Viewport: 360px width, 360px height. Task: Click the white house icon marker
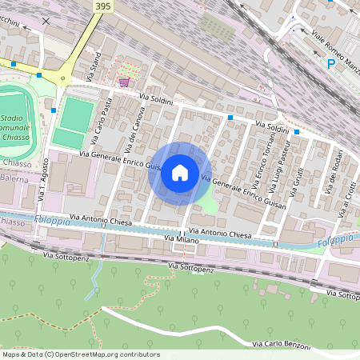[180, 173]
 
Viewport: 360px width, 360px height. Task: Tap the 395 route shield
[102, 6]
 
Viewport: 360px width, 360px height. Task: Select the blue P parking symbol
[331, 63]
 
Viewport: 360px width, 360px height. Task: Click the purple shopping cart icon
[124, 81]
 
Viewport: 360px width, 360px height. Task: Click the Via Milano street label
[181, 239]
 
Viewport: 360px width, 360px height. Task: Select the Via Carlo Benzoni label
[281, 342]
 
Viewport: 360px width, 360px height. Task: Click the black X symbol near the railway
[46, 22]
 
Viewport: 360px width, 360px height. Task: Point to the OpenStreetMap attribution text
[81, 354]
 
